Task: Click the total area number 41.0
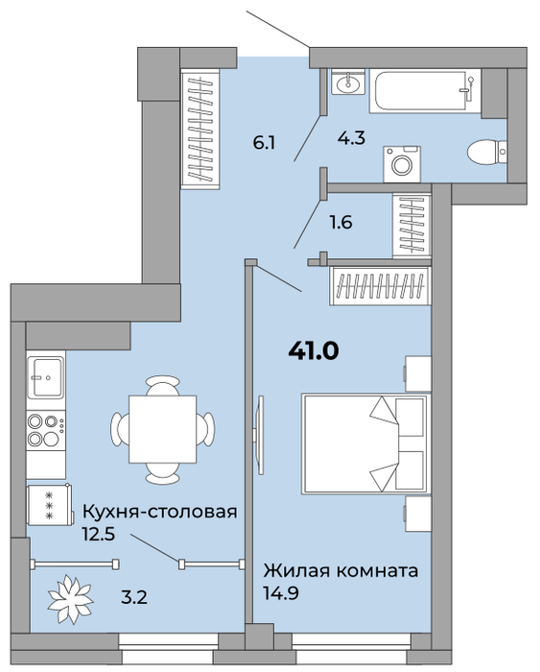point(314,351)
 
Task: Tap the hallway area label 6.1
point(264,143)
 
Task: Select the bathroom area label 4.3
point(351,138)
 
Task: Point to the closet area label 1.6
point(340,223)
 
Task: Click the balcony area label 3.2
point(134,597)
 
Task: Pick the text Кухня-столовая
point(159,512)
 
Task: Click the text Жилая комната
point(340,571)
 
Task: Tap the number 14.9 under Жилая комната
point(281,593)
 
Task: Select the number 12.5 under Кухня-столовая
point(99,535)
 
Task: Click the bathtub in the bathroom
point(425,91)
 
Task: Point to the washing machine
point(402,164)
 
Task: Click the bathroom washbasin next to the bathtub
point(348,82)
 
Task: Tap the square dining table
point(163,429)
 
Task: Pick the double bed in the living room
point(366,444)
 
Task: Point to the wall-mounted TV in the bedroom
point(259,435)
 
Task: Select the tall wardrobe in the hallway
point(200,129)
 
